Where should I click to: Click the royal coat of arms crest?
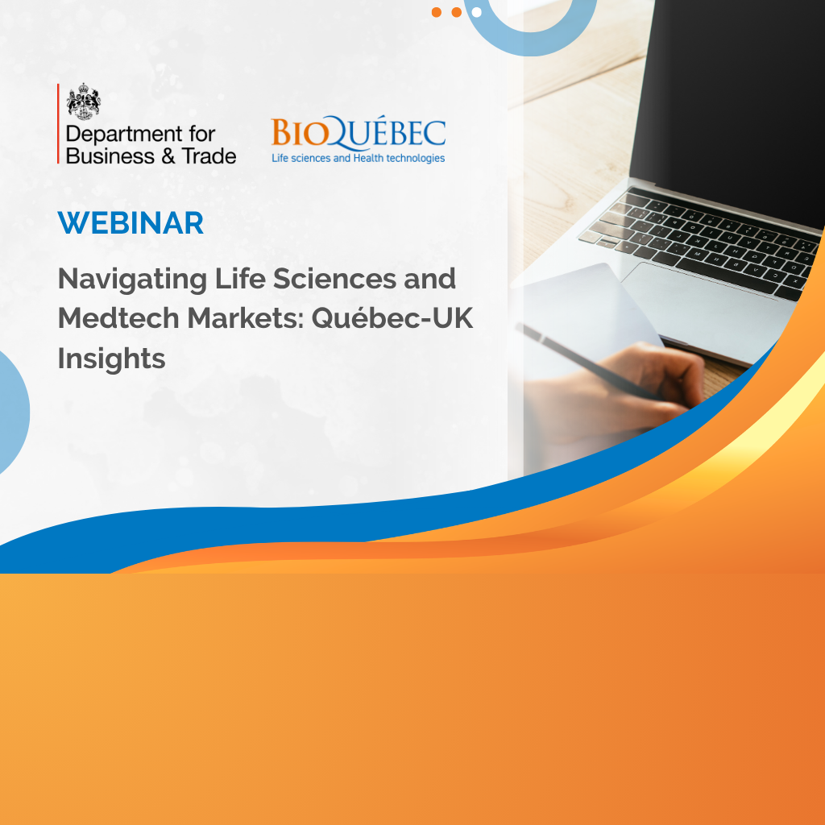[x=84, y=102]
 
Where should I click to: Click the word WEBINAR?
[x=131, y=223]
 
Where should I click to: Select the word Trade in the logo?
[x=209, y=156]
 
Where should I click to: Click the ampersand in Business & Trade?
[x=168, y=156]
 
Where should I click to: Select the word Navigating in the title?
[x=132, y=280]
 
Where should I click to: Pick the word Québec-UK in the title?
[x=392, y=319]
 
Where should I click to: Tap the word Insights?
[x=111, y=359]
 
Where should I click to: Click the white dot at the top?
[x=477, y=12]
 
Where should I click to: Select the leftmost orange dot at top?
[x=436, y=12]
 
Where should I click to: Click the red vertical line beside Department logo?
[x=58, y=123]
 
